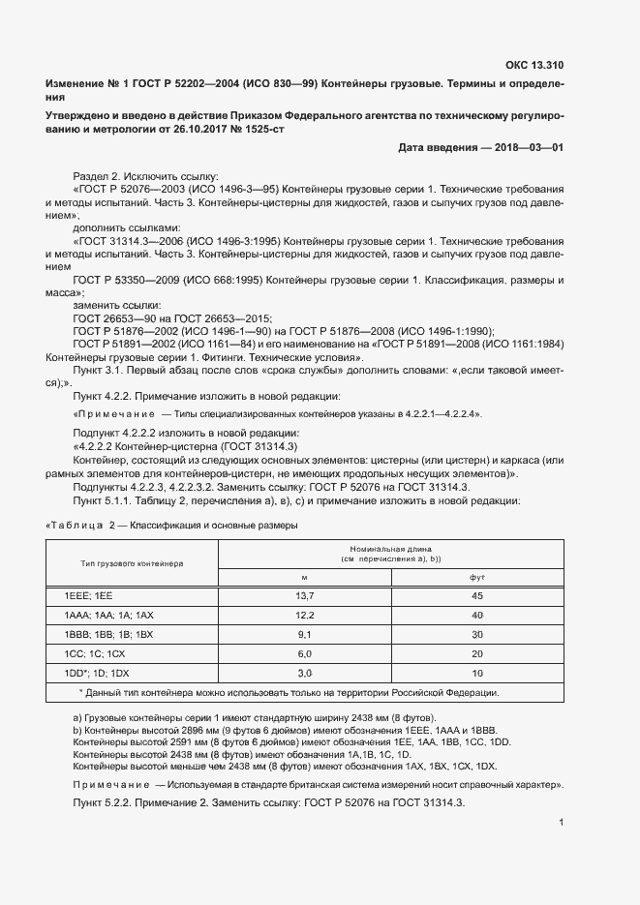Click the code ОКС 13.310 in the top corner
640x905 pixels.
(533, 66)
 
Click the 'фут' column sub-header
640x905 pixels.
(476, 577)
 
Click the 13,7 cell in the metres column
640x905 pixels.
(304, 597)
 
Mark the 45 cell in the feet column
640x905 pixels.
(476, 597)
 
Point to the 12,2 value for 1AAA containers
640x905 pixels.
(304, 616)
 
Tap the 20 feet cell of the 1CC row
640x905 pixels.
(476, 653)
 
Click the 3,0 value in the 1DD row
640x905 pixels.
(304, 672)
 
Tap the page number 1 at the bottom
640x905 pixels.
(562, 823)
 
